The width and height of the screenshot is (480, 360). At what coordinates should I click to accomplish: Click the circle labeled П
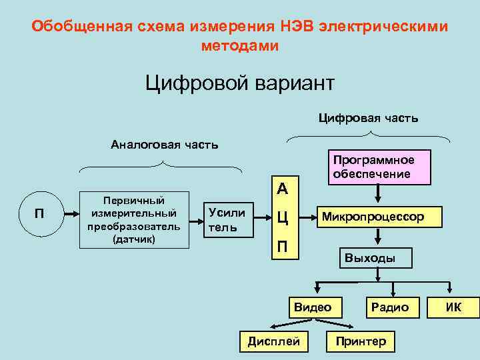point(39,214)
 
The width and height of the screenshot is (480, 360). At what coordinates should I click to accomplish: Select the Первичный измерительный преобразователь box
point(135,220)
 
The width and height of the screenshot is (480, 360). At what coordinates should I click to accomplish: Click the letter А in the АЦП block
point(283,189)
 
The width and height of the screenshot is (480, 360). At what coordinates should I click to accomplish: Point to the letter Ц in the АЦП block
point(283,218)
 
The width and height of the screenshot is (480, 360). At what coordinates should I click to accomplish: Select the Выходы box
point(369,258)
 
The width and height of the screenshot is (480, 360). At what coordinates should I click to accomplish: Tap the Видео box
point(313,307)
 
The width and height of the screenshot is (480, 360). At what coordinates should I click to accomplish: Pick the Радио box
point(390,307)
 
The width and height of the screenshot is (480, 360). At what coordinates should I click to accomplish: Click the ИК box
point(453,307)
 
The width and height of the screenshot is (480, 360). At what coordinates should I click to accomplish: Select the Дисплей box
point(273,341)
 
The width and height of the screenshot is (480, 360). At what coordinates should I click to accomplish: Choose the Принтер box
point(361,341)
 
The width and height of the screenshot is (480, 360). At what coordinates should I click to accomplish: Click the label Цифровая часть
point(368,118)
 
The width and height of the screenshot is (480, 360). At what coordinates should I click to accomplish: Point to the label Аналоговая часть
point(164,145)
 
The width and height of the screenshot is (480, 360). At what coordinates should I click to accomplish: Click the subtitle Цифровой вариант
point(239,84)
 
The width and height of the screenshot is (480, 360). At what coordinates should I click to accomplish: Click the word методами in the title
point(239,46)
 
